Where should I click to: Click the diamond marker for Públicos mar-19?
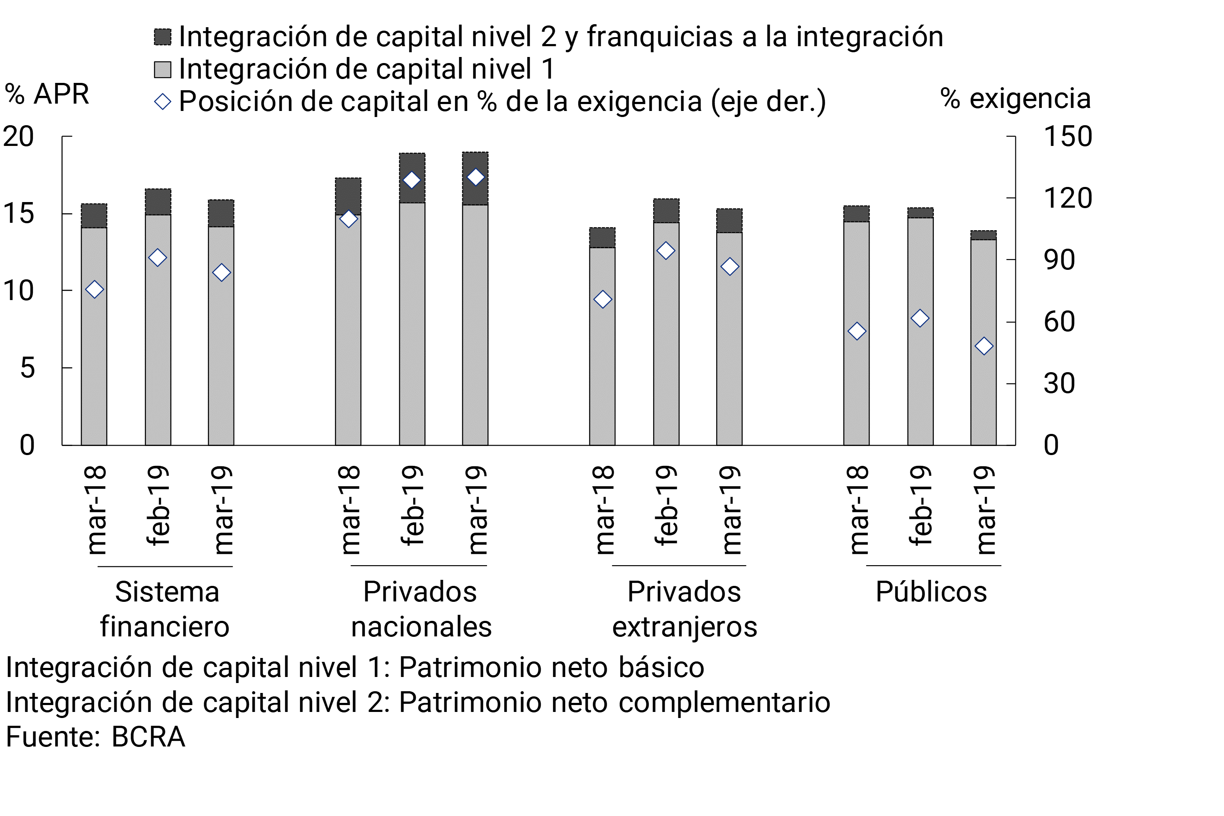[x=984, y=346]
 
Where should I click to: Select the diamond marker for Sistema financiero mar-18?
[x=94, y=290]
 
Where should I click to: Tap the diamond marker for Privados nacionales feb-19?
[x=411, y=180]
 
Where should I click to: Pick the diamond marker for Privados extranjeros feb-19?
[x=666, y=251]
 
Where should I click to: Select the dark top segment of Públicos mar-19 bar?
[x=984, y=235]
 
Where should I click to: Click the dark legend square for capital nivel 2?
[x=163, y=37]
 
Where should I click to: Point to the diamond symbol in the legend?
[x=163, y=101]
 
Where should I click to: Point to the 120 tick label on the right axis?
[x=1067, y=198]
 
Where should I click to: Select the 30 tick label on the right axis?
[x=1059, y=383]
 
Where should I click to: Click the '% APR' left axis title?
[x=47, y=94]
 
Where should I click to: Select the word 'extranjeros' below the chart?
[x=684, y=626]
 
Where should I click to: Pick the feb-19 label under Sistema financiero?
[x=158, y=506]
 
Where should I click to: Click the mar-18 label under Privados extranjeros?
[x=603, y=510]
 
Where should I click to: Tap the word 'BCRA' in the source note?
[x=149, y=737]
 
